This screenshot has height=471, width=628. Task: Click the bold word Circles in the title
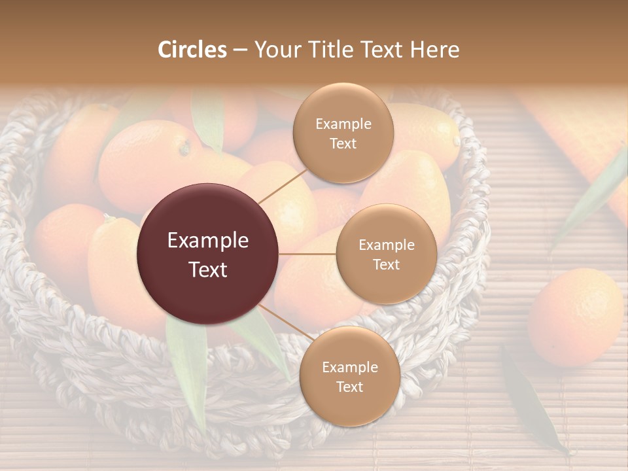(x=192, y=50)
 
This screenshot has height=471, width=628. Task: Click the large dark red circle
(x=208, y=254)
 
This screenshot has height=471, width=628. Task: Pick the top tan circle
(x=343, y=133)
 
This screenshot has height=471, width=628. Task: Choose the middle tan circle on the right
(x=386, y=254)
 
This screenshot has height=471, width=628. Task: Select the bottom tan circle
(x=349, y=376)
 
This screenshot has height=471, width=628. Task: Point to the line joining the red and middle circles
(x=307, y=254)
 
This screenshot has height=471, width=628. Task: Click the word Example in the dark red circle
(x=208, y=241)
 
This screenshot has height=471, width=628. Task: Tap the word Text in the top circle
(x=343, y=143)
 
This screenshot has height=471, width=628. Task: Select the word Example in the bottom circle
(x=349, y=367)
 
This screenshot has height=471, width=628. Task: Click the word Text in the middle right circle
(x=386, y=264)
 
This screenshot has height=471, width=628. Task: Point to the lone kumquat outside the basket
(x=576, y=317)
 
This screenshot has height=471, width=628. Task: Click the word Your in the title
(x=279, y=50)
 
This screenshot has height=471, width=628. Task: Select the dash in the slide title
(x=239, y=50)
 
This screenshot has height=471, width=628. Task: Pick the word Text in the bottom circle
(x=349, y=387)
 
